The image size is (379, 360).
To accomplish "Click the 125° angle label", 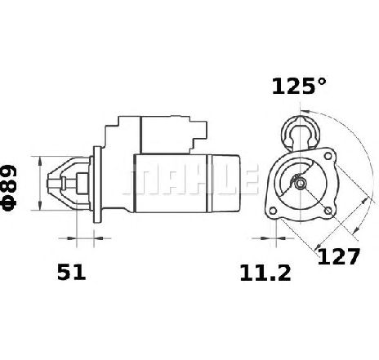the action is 299,87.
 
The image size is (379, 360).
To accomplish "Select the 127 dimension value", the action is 338,256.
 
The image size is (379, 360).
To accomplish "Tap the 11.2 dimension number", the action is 265,273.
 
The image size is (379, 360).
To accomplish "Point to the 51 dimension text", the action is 71,272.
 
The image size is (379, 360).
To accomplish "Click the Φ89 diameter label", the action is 10,188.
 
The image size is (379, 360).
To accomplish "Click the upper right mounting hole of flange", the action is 328,156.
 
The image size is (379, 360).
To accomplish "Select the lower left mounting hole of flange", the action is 273,211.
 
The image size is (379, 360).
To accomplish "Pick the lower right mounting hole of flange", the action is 328,211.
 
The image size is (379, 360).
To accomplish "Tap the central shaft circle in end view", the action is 300,183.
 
